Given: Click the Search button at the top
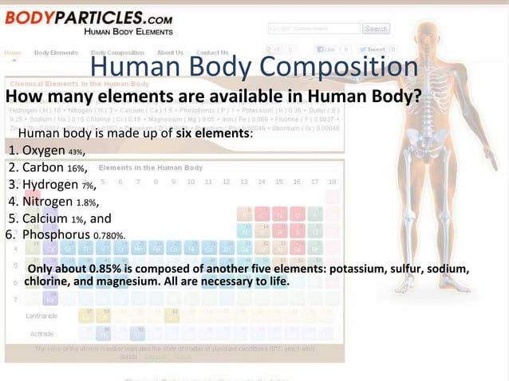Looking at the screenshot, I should click(376, 29).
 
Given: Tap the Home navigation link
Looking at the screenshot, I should click(14, 53).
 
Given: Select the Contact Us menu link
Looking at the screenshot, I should click(212, 53).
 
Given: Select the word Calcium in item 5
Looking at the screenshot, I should click(45, 218).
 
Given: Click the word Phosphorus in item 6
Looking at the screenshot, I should click(57, 235).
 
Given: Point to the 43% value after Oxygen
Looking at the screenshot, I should click(76, 151).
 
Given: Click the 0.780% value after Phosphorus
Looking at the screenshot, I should click(109, 236).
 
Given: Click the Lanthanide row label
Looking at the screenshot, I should click(41, 316).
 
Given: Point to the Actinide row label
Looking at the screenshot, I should click(41, 332).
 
